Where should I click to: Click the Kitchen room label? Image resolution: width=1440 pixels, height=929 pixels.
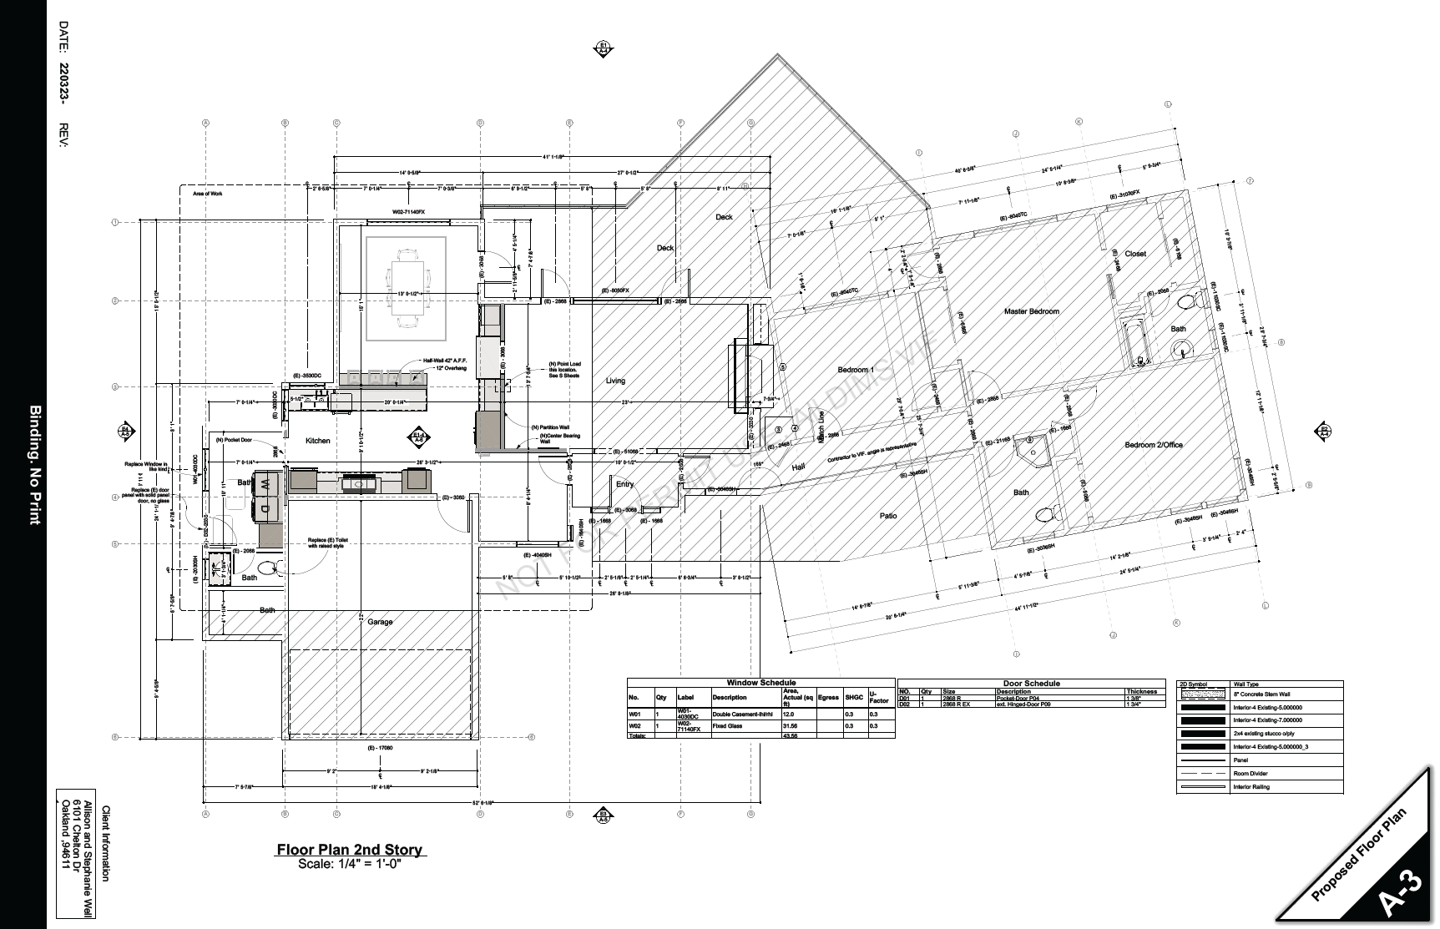(x=317, y=441)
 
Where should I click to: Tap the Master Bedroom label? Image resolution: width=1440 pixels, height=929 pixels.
(x=1031, y=311)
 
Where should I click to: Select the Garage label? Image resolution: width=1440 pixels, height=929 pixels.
(x=380, y=622)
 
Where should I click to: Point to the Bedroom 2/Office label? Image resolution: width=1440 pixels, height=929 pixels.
(x=1153, y=445)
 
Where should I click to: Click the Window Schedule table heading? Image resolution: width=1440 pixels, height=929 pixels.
(x=760, y=683)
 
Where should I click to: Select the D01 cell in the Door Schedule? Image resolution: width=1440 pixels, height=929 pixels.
(x=904, y=698)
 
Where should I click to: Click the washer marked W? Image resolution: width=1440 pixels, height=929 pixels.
(x=264, y=484)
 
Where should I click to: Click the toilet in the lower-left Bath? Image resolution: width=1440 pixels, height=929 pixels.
(x=268, y=568)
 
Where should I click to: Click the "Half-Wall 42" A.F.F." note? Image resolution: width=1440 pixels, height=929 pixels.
(x=444, y=361)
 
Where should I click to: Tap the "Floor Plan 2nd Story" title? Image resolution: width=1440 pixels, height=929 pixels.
(x=351, y=850)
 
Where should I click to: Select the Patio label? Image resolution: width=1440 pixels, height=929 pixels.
(x=888, y=516)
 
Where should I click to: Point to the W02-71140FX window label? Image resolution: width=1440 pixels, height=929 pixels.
(x=408, y=212)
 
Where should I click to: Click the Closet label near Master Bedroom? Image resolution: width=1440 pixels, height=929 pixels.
(x=1134, y=254)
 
